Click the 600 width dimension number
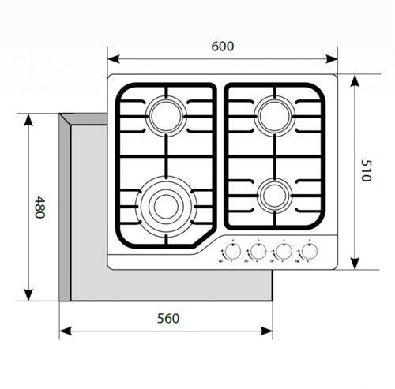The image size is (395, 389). pos(223,47)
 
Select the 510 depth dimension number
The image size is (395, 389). pos(366,170)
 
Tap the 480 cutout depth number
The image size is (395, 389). pos(40,207)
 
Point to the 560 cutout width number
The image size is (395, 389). pos(168,318)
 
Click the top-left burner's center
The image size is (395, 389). pos(166,116)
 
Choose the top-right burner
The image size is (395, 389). pos(275,116)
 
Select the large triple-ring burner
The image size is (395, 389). pos(166,207)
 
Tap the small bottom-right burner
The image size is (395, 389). pos(275,196)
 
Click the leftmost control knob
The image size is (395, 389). pos(233,252)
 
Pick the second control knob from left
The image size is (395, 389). pos(258,252)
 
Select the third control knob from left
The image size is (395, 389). pos(284,252)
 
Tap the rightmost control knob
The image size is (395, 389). pos(310,252)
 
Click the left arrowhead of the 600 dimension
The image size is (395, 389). pos(114,59)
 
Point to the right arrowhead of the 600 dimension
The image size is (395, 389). pos(332,59)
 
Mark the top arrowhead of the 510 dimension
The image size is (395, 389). pos(355,80)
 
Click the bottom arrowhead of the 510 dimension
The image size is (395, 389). pos(355,264)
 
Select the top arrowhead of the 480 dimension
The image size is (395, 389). pos(28,120)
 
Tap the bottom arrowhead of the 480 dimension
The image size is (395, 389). pos(28,294)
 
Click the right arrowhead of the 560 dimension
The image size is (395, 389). pos(266,331)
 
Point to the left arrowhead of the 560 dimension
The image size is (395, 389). pos(66,331)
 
